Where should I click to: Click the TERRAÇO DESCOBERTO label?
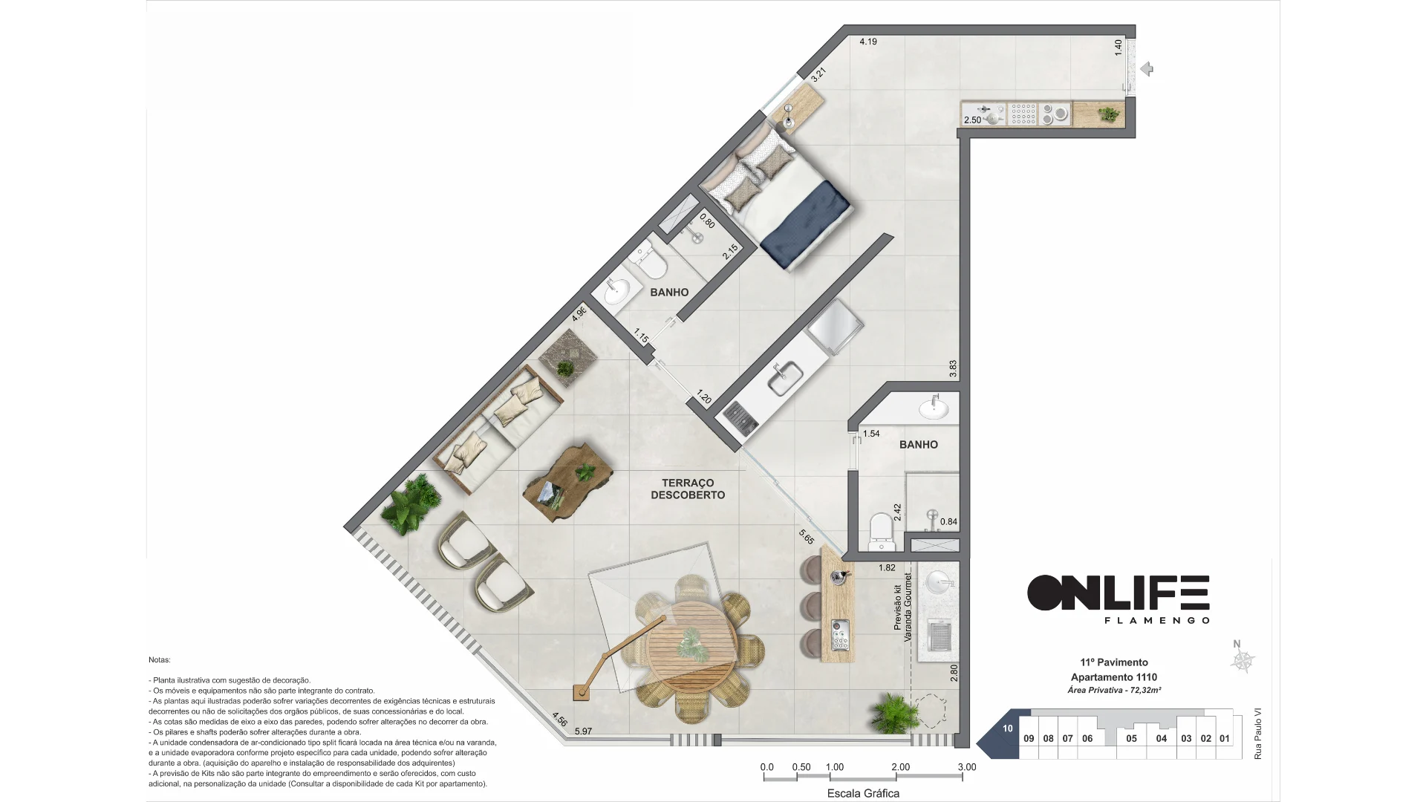click(x=688, y=489)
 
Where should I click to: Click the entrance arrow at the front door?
click(x=1147, y=69)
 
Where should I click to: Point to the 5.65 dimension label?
click(x=807, y=536)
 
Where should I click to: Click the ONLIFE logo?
click(x=1119, y=598)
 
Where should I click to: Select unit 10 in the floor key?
click(x=1007, y=728)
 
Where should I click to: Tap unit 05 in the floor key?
click(x=1131, y=738)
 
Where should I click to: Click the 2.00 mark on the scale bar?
click(x=900, y=767)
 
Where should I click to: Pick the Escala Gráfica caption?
click(x=863, y=793)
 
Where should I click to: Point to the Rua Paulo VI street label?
click(x=1257, y=733)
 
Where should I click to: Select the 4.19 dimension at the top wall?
click(x=868, y=42)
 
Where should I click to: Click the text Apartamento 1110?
click(x=1113, y=677)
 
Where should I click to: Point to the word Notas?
click(x=160, y=659)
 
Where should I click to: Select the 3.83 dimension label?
click(x=953, y=368)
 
